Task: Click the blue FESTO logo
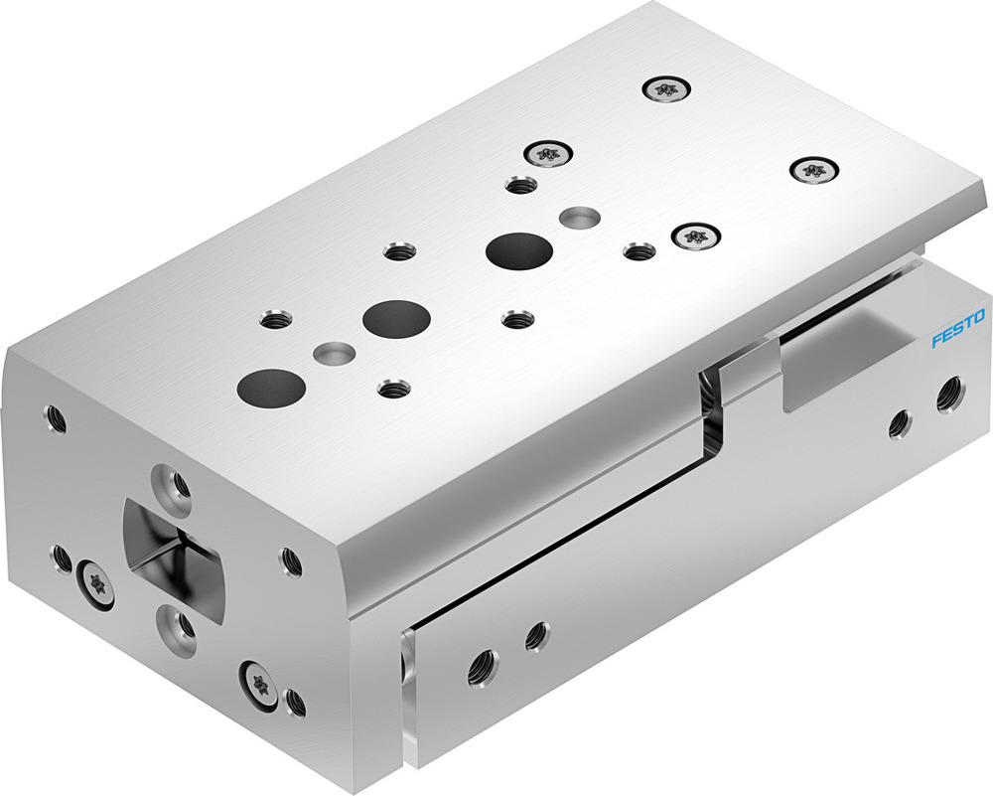(957, 330)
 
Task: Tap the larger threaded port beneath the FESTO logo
(949, 394)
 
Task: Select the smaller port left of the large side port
(900, 422)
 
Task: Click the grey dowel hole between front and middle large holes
(331, 353)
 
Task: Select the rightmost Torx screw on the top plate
(814, 170)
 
